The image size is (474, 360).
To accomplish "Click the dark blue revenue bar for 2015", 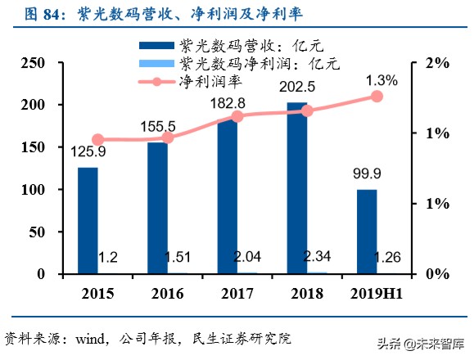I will coord(88,219).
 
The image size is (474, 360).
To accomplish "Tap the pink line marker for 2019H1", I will coord(377,97).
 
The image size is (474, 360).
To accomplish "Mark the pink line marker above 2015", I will coord(98,140).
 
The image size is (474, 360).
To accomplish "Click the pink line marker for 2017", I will coord(237,116).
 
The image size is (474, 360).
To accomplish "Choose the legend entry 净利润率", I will coord(206,80).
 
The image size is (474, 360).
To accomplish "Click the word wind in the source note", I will coord(91,338).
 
